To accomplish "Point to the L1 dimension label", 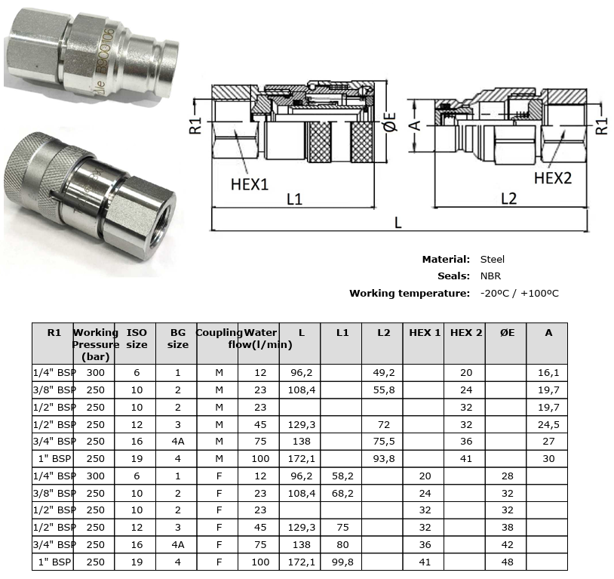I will click(295, 199).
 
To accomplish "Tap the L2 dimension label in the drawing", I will click(509, 199).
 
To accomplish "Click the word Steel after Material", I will click(493, 259).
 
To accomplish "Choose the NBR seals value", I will click(490, 276).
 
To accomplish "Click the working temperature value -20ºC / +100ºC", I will click(519, 293).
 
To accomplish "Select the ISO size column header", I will click(137, 338).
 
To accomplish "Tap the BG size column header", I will click(177, 338).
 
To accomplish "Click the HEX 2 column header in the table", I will click(465, 332).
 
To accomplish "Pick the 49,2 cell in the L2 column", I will click(382, 372).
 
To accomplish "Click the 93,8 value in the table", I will click(382, 459).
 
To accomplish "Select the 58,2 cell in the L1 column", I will click(341, 476).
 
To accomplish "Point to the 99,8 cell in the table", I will click(341, 562).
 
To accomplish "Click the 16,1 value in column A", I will click(548, 372).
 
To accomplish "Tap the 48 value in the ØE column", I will click(506, 562).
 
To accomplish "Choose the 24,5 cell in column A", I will click(548, 424).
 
